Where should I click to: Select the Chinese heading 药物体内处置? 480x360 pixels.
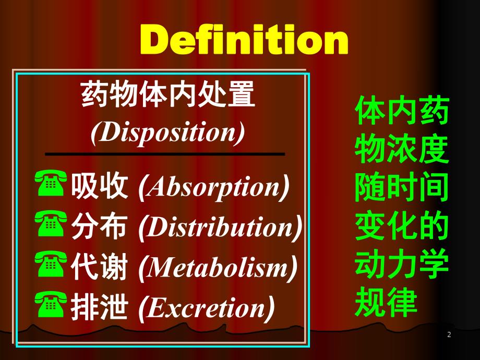click(168, 96)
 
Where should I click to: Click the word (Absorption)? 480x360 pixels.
click(214, 187)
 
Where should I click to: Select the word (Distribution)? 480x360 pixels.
click(221, 228)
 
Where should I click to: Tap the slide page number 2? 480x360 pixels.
click(449, 334)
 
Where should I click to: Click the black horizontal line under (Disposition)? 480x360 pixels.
click(165, 154)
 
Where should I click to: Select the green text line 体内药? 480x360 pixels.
click(402, 112)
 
